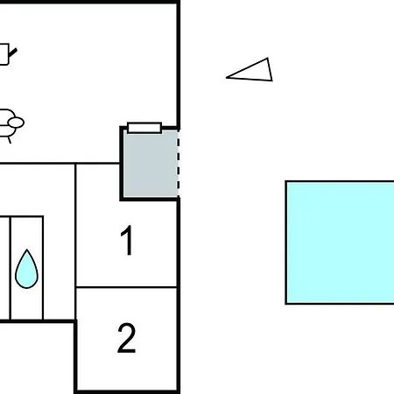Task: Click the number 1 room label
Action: click(128, 241)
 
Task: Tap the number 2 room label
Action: click(127, 338)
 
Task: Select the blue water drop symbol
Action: click(26, 270)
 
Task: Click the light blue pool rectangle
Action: click(340, 243)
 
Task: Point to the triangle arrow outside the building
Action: click(250, 70)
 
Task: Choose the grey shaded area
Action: click(150, 164)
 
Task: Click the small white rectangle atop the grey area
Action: click(144, 128)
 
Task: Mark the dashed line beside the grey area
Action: click(178, 163)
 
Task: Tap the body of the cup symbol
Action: click(4, 54)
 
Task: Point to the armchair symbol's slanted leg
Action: click(9, 140)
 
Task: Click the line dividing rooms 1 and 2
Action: click(127, 287)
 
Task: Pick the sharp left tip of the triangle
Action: click(226, 77)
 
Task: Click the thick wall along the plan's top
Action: click(89, 2)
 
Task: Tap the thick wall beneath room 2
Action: click(127, 391)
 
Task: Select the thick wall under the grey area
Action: click(150, 199)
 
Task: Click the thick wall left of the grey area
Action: click(122, 164)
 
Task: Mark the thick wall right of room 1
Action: click(179, 243)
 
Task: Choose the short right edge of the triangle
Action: click(270, 69)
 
